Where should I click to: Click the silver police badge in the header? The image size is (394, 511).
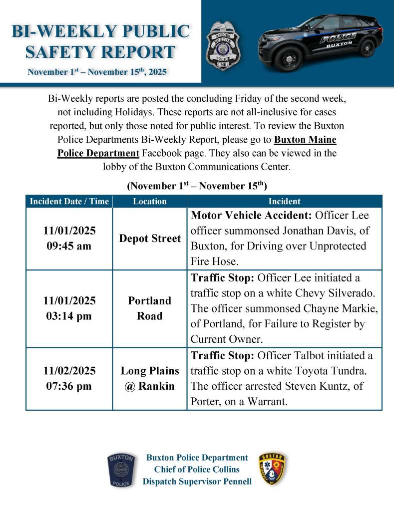coord(223,45)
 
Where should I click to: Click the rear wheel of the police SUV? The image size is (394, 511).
coord(367,47)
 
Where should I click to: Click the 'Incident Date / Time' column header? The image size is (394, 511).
coord(69,202)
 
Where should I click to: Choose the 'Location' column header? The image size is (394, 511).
coord(150,202)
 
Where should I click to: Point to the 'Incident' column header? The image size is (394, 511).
coord(284,202)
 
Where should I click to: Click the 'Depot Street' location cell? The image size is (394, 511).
coord(150,239)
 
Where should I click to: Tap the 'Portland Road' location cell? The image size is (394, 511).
coord(150,308)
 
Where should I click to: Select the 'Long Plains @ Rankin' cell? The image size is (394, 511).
coord(150,378)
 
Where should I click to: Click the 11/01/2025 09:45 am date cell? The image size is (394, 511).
coord(69,239)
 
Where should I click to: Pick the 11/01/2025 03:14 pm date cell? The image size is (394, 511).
coord(69,308)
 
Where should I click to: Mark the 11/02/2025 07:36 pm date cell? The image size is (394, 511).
coord(69,378)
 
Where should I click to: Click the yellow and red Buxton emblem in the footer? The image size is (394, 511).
coord(272,470)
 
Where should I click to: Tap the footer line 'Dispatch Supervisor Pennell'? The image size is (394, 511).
coord(197,482)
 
